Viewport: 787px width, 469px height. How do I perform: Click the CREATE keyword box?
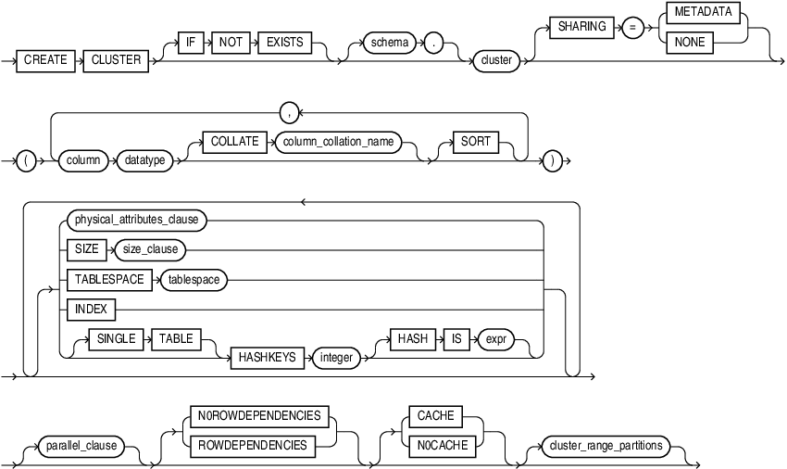(46, 59)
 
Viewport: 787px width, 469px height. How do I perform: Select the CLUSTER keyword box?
(116, 59)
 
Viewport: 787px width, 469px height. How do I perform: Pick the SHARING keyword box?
(581, 27)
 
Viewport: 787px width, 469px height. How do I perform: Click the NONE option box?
(690, 43)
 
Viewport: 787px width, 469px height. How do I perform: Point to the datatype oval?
(144, 160)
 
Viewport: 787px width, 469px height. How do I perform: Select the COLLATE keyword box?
(233, 142)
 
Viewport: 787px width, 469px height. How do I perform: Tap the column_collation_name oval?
(341, 142)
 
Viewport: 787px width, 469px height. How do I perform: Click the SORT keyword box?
(474, 142)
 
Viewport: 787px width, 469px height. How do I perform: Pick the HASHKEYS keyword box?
(267, 357)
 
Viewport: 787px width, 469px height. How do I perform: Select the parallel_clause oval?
(82, 445)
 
